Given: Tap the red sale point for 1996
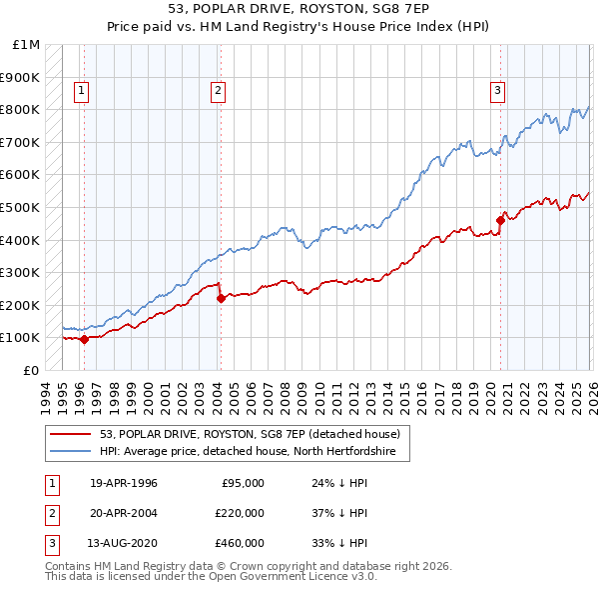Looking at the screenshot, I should (x=84, y=339).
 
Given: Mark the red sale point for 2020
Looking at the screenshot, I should (x=499, y=220).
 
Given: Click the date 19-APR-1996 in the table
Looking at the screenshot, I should (x=124, y=483).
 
